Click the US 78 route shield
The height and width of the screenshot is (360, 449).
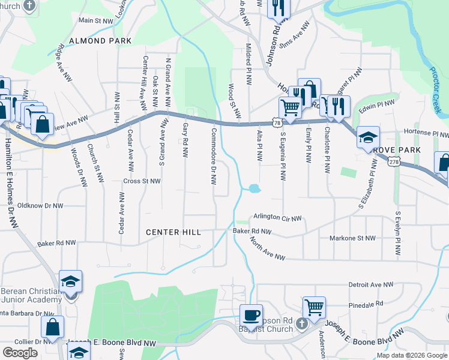point(276,122)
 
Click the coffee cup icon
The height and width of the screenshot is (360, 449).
point(251,314)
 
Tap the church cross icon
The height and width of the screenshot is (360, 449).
point(303,323)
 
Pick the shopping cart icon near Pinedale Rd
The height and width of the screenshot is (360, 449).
point(314,307)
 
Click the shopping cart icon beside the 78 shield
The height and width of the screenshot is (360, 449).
point(290,108)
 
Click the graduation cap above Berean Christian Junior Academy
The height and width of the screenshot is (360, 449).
point(70,281)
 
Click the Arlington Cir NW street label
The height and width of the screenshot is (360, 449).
point(277,218)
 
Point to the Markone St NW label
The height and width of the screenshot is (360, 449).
point(352,238)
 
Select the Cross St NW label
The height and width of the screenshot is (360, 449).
point(142,181)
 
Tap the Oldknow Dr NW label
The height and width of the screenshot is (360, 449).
point(40,205)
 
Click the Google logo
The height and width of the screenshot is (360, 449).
point(20,352)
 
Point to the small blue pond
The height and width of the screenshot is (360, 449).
point(253,188)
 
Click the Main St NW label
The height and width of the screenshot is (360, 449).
point(96,20)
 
